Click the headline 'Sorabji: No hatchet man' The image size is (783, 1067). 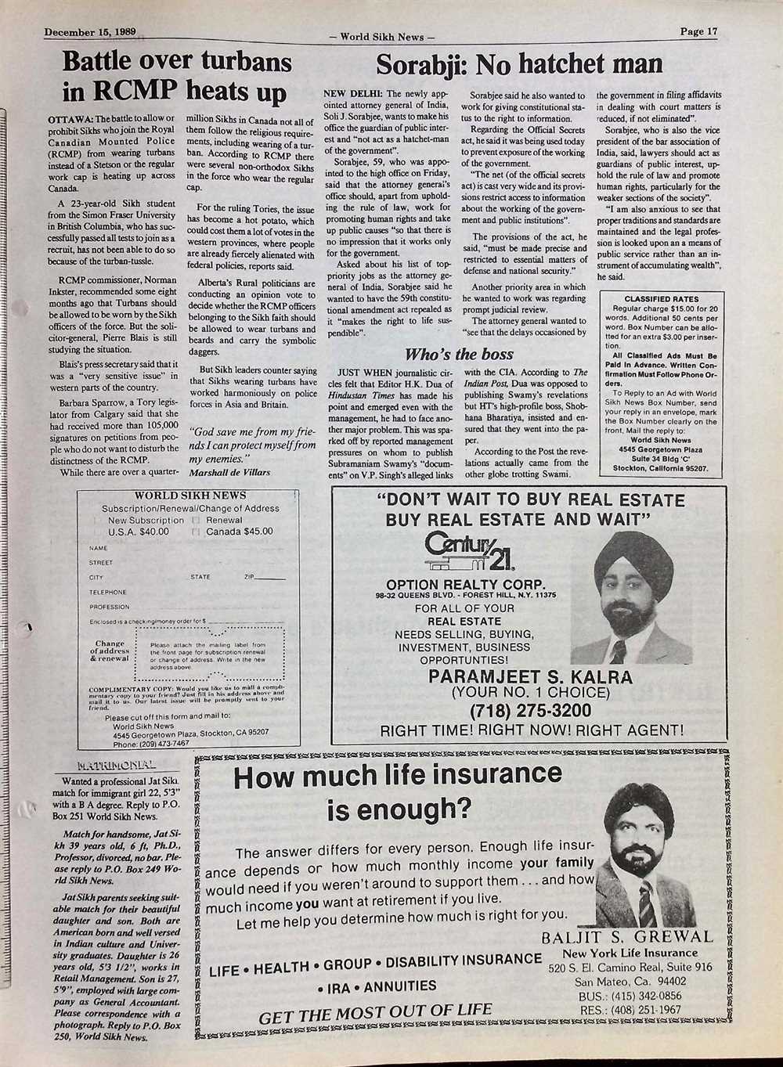[x=519, y=64]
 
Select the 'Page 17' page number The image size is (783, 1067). [x=698, y=32]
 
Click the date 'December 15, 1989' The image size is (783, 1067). [x=91, y=32]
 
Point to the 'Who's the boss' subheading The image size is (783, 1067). [x=460, y=354]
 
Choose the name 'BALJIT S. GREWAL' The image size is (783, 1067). [x=627, y=937]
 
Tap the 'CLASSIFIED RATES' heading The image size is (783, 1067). [x=662, y=299]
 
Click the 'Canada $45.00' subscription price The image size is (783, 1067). [x=239, y=532]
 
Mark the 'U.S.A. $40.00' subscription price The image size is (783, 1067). [x=139, y=532]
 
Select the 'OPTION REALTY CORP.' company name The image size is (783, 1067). [x=465, y=585]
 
